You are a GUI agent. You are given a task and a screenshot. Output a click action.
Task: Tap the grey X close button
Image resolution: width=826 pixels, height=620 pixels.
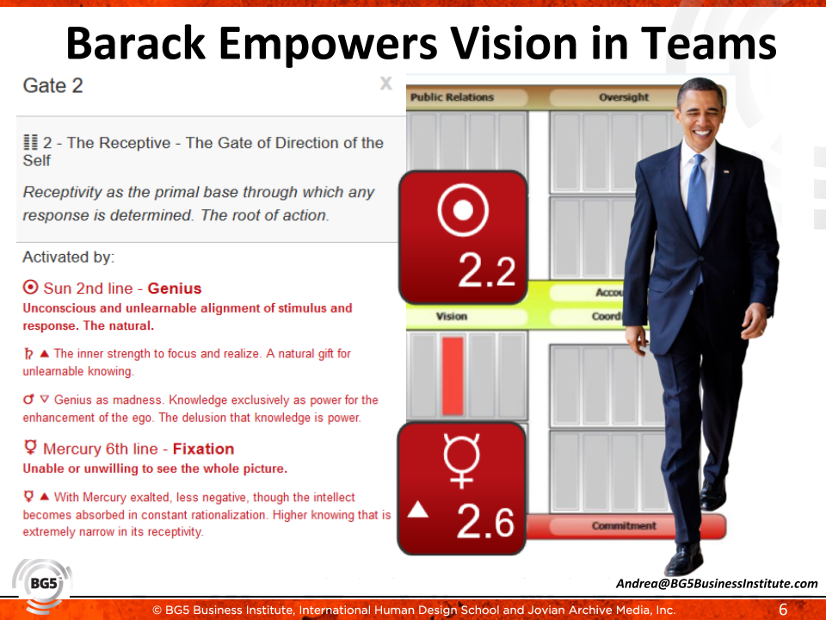386,84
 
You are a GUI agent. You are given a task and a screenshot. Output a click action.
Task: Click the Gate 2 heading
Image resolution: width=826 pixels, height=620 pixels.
52,85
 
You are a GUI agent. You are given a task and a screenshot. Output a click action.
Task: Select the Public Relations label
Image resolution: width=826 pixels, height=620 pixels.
452,97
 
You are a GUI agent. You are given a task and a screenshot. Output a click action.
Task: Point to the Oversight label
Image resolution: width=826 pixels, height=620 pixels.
624,97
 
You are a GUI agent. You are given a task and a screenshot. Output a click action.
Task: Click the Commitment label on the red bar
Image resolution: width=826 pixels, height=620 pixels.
624,525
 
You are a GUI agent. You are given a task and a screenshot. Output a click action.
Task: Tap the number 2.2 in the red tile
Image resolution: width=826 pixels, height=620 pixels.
486,271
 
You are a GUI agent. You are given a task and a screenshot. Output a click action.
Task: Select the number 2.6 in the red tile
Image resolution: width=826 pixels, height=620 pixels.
485,522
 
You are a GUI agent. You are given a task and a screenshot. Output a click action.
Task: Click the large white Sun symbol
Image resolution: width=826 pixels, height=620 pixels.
463,210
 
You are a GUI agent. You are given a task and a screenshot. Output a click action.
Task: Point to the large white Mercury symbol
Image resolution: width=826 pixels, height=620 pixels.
461,460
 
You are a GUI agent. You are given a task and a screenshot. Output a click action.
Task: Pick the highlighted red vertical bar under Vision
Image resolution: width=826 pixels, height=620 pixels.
453,376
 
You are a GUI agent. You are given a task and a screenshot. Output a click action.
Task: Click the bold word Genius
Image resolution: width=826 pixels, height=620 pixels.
175,288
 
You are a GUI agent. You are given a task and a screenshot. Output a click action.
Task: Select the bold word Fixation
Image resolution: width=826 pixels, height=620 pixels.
203,449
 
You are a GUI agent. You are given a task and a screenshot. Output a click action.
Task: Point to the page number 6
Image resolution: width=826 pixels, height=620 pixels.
783,610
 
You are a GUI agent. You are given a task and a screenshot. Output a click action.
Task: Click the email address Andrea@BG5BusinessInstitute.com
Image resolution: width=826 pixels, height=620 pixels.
717,584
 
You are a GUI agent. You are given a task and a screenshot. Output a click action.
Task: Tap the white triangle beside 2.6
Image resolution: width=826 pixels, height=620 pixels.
418,509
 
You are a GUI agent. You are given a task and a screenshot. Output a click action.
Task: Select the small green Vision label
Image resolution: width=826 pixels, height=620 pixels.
452,316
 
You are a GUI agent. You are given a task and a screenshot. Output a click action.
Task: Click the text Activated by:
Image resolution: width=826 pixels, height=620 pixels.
69,257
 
